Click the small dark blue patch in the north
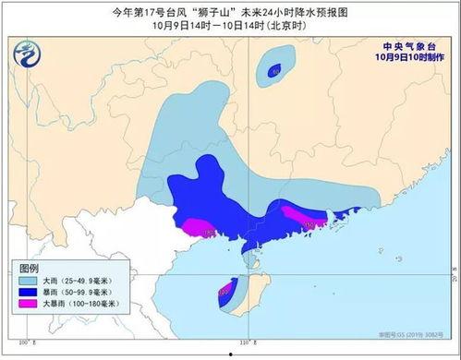click(x=274, y=70)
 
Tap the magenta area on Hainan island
click(x=224, y=297)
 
